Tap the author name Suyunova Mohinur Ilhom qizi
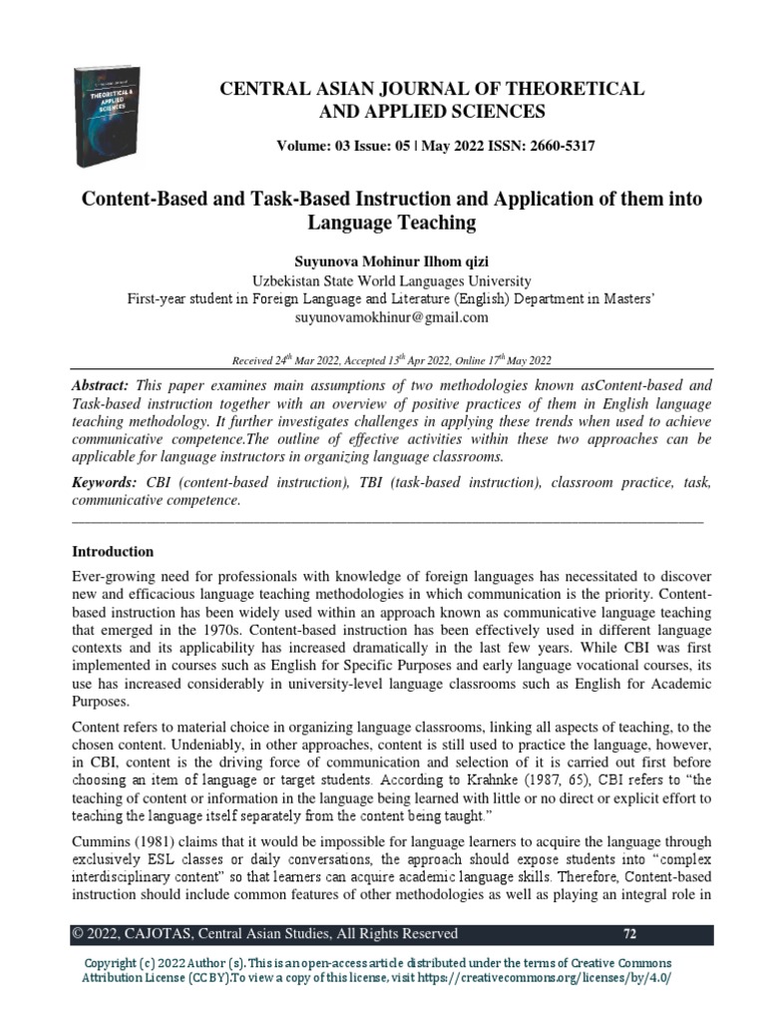(383, 262)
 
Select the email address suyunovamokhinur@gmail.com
(383, 317)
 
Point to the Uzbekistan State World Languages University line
(383, 280)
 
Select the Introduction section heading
(114, 551)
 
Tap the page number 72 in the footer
(629, 934)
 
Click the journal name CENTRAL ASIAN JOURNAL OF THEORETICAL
(432, 90)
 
